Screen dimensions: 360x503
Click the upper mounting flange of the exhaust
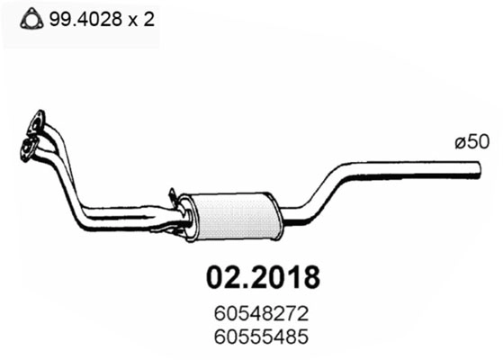37,120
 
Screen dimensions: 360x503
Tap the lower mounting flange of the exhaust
30,143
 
